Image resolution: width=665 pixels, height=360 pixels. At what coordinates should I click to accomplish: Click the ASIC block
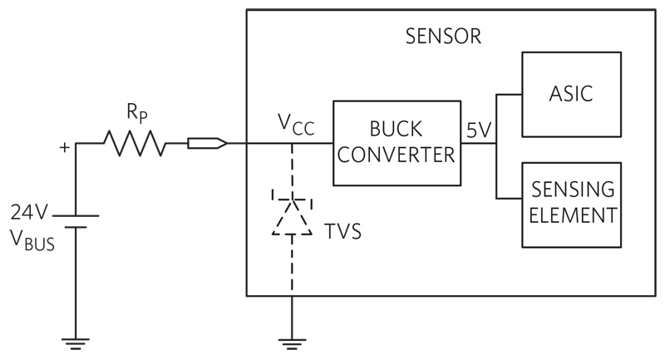tap(571, 94)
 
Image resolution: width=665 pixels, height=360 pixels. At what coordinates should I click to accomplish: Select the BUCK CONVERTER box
tap(397, 143)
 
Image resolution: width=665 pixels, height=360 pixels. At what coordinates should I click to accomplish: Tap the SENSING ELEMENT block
tap(571, 205)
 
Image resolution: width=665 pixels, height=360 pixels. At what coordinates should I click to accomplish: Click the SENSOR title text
tap(443, 37)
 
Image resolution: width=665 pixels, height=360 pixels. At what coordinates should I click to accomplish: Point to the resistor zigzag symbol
tap(135, 143)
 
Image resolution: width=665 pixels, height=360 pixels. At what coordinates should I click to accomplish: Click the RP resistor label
tap(137, 113)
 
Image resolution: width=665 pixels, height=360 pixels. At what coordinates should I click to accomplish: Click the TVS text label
tap(342, 231)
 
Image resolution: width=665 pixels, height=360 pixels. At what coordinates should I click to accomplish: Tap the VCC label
tap(296, 124)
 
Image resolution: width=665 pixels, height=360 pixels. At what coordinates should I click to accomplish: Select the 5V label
tap(479, 131)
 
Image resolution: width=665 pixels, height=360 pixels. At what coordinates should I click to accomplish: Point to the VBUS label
tap(32, 240)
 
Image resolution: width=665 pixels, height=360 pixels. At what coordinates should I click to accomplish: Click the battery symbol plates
tap(76, 221)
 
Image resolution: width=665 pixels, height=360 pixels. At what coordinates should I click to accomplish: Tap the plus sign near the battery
tap(65, 147)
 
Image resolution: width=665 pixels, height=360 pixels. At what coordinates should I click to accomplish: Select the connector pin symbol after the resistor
tap(207, 143)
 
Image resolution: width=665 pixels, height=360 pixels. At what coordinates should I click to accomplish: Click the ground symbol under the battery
tap(76, 343)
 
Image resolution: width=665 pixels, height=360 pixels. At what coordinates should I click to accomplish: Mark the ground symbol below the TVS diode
tap(292, 344)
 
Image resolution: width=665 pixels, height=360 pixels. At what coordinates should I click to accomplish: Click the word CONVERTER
tap(397, 155)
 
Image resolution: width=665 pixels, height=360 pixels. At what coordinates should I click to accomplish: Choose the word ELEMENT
tap(573, 215)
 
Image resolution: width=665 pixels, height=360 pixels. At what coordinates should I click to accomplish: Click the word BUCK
tap(397, 129)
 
